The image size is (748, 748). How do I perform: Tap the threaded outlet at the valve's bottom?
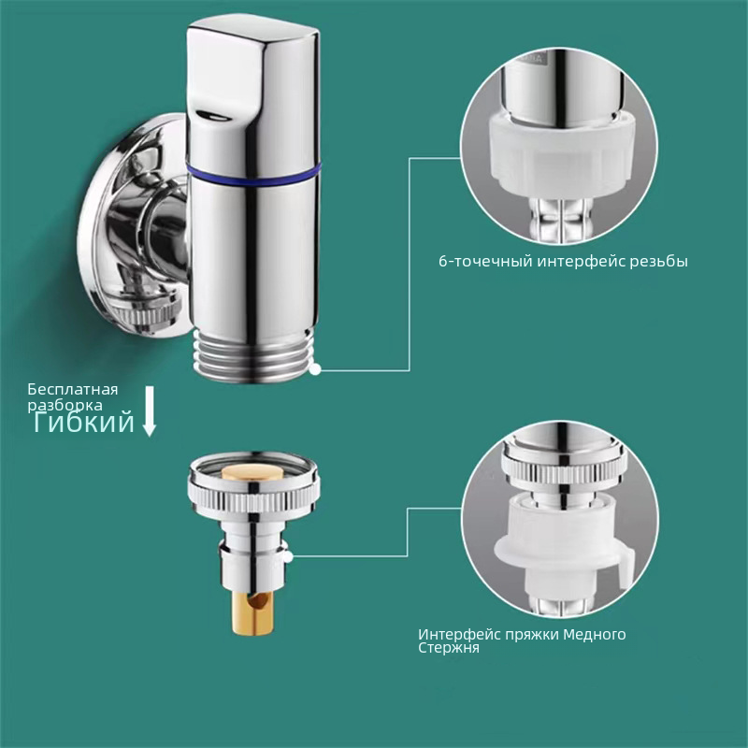[254, 355]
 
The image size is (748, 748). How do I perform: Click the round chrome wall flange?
[134, 225]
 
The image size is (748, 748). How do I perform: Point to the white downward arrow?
[150, 411]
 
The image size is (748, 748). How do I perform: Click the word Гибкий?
[84, 423]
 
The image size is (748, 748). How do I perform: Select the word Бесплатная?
[73, 390]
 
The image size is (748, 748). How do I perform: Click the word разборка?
[65, 406]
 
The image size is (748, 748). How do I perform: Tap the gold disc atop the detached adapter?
[252, 473]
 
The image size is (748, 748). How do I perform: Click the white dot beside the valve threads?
[315, 369]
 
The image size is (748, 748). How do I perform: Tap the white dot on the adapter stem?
[287, 555]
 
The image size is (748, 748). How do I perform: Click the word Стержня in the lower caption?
[449, 648]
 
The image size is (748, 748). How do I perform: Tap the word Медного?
[595, 635]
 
